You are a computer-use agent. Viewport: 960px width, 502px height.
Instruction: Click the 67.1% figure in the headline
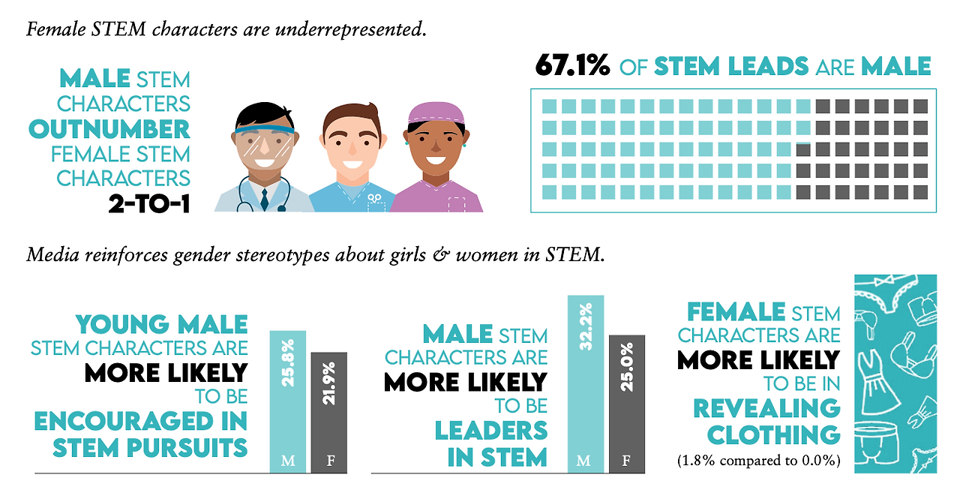[572, 65]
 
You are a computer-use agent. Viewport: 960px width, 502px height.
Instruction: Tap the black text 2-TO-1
[149, 203]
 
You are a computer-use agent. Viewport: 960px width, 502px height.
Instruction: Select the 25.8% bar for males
[287, 401]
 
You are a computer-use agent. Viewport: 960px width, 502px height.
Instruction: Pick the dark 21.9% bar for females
[329, 413]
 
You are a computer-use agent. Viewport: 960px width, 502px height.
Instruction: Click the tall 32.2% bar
[586, 384]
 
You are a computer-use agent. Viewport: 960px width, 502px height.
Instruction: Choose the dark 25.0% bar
[626, 404]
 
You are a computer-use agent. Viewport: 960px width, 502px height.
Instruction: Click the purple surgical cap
[436, 113]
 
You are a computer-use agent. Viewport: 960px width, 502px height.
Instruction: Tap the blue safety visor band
[264, 130]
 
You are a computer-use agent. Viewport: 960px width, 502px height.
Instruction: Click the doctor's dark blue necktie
[265, 200]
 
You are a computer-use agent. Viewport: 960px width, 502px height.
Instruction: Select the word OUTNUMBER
[109, 129]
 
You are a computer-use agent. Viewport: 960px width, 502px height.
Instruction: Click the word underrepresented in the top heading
[351, 29]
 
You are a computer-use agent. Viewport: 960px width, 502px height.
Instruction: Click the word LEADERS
[491, 431]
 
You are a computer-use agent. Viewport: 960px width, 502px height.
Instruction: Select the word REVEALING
[766, 408]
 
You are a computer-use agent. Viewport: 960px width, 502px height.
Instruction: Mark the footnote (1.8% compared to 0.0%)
[758, 461]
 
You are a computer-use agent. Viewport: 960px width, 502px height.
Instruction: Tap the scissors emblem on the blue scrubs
[374, 198]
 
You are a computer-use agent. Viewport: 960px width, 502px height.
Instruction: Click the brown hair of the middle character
[352, 119]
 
